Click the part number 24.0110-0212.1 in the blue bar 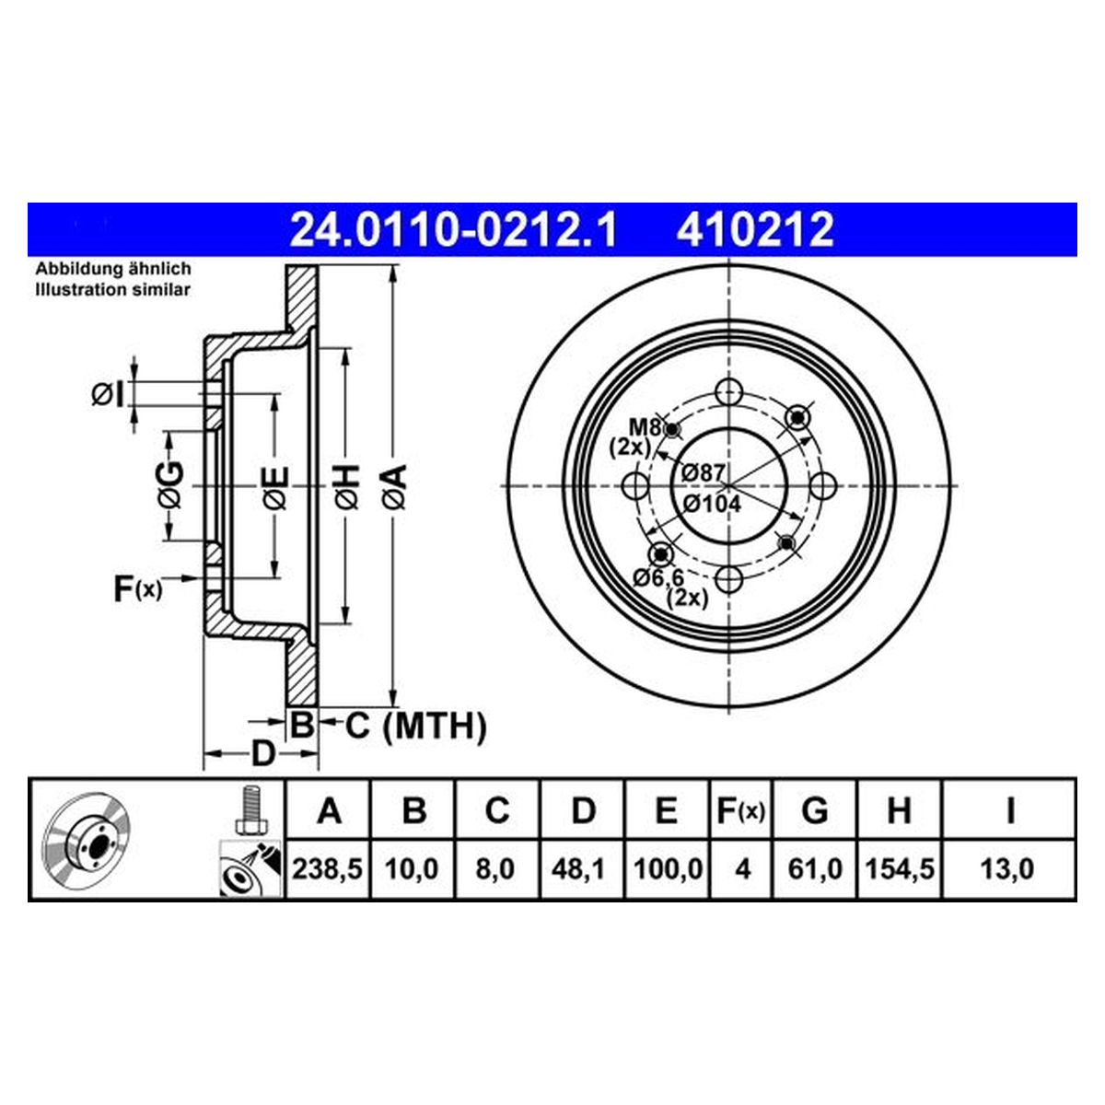pos(453,230)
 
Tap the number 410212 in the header pos(755,230)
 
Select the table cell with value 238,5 pos(328,869)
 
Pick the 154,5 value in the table pos(899,869)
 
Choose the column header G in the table pos(815,811)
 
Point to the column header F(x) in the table pos(741,811)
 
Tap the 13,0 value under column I pos(1007,869)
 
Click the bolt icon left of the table pos(251,809)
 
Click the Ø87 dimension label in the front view pos(703,473)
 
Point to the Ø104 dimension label pos(712,504)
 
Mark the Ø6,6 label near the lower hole pos(658,577)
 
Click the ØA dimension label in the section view pos(394,487)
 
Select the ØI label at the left pos(108,394)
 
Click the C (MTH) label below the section pos(415,726)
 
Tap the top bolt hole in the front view pos(728,393)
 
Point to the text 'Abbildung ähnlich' pos(113,269)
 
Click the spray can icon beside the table pos(250,868)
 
